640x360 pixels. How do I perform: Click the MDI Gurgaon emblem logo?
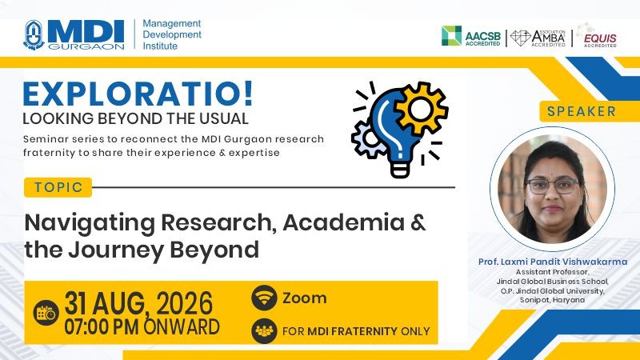(x=34, y=35)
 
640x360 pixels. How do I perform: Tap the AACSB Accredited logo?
(x=471, y=36)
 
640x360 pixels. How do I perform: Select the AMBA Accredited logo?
(x=538, y=38)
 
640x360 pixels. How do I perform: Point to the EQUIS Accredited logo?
(x=597, y=36)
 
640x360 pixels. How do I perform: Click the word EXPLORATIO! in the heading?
(x=138, y=94)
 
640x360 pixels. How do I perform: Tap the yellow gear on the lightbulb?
(x=421, y=109)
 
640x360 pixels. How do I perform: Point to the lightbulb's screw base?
(x=399, y=169)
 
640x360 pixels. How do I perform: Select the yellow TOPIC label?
(x=58, y=187)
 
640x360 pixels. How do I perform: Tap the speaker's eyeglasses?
(x=553, y=186)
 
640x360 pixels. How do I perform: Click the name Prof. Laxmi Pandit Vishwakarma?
(x=553, y=262)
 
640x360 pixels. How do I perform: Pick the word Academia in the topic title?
(x=344, y=222)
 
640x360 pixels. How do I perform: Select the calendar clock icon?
(x=46, y=313)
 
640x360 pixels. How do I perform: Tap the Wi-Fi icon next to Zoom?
(x=264, y=298)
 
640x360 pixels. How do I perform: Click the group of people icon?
(x=264, y=330)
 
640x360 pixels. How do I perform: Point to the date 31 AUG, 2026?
(x=138, y=303)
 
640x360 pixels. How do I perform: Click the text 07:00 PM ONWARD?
(x=142, y=327)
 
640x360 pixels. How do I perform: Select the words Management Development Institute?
(x=172, y=34)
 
